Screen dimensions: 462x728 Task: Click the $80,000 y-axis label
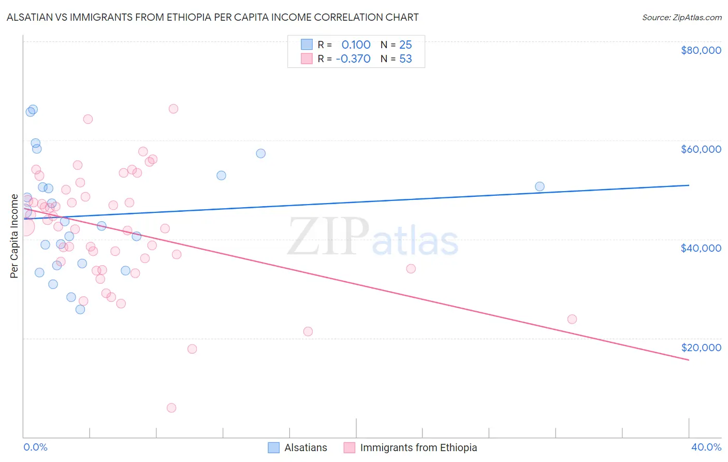[x=701, y=50]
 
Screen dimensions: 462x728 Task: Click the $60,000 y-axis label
[x=701, y=149]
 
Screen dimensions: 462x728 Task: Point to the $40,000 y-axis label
[x=701, y=248]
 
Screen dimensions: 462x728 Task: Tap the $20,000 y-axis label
[x=701, y=348]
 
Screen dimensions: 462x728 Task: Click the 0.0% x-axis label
[x=35, y=447]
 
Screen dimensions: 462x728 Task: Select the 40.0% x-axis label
[x=706, y=447]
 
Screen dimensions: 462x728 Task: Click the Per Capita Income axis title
[x=14, y=236]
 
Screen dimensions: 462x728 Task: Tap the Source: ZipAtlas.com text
[x=681, y=17]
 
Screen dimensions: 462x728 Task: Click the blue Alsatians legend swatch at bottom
[x=273, y=447]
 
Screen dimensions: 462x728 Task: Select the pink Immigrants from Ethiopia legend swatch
[x=350, y=447]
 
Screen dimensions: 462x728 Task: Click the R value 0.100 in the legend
[x=356, y=45]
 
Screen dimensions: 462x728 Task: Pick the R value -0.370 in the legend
[x=353, y=59]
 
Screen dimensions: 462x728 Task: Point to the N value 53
[x=405, y=59]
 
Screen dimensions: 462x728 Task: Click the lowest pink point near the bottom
[x=171, y=408]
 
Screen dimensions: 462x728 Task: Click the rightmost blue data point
[x=540, y=186]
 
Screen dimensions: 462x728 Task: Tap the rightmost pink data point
[x=572, y=319]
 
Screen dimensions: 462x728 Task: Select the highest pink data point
[x=173, y=109]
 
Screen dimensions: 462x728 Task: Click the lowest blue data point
[x=80, y=309]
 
